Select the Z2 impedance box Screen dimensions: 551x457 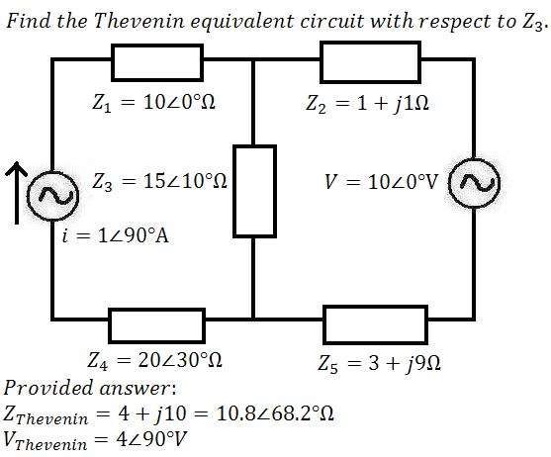(370, 44)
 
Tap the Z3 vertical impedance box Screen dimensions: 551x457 (235, 192)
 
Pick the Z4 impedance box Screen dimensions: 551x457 (156, 311)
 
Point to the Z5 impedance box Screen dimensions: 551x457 (375, 308)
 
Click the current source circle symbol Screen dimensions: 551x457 (52, 173)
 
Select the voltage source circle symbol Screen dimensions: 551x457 (474, 159)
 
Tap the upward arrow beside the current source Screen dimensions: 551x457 (16, 193)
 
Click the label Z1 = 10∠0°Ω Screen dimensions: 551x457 (153, 103)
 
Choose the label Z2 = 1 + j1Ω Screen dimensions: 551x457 (367, 104)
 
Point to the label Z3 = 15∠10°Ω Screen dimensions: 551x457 (159, 182)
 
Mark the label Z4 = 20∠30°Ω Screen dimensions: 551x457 (154, 360)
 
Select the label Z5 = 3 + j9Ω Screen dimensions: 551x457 (379, 363)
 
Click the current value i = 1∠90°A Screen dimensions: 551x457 (116, 235)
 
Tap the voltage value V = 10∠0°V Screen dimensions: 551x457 (381, 182)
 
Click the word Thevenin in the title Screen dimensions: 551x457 (139, 21)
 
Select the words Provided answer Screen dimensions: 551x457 (89, 388)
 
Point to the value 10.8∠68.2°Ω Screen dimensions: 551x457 (275, 413)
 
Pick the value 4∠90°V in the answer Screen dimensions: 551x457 (150, 439)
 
